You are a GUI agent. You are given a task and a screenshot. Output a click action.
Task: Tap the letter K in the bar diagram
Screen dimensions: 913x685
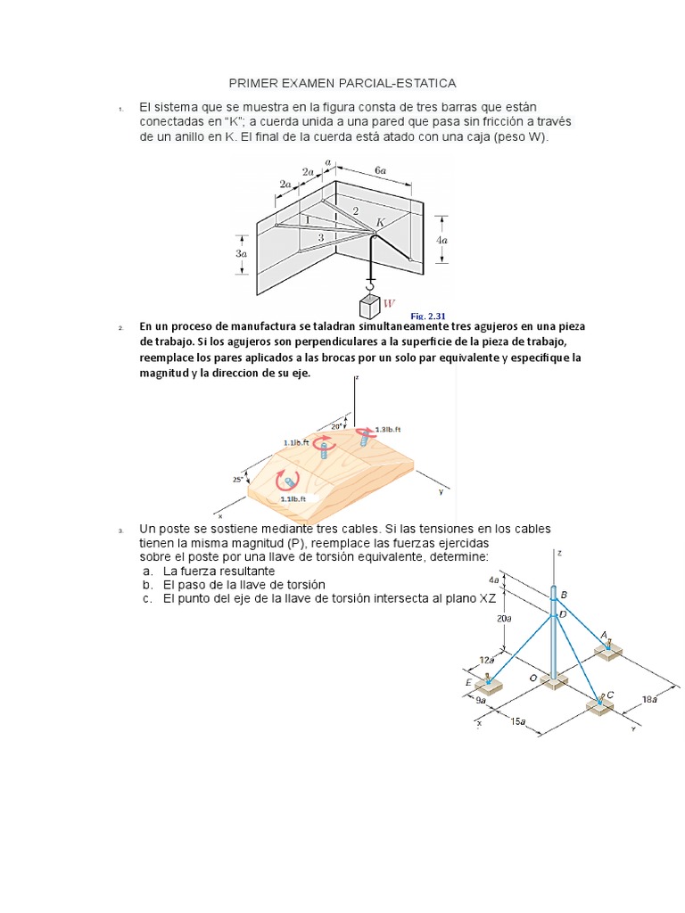click(x=381, y=222)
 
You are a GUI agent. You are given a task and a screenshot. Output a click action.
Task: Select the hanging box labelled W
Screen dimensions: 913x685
click(x=370, y=307)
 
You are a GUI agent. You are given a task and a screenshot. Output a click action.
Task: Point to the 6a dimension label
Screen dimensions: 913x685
click(x=381, y=169)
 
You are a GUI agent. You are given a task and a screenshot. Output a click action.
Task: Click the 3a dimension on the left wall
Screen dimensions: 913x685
click(x=241, y=253)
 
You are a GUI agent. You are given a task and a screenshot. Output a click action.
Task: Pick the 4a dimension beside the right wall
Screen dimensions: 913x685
click(x=443, y=239)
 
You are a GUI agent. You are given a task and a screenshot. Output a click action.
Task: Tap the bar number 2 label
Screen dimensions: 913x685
click(x=354, y=210)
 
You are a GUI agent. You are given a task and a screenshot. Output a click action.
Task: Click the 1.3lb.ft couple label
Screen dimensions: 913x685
click(x=388, y=429)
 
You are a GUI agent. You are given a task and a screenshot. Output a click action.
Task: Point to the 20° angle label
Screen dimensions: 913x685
click(x=336, y=426)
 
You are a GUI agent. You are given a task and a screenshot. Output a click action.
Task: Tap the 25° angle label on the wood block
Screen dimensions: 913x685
click(x=238, y=480)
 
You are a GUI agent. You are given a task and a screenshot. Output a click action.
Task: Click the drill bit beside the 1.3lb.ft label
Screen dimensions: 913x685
click(x=364, y=437)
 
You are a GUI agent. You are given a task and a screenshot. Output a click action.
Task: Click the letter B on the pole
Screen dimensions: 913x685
click(x=564, y=595)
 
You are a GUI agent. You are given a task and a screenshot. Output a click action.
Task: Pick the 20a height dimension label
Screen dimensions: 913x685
click(x=504, y=618)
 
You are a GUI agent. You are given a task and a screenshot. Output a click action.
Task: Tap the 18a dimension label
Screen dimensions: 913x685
click(x=650, y=700)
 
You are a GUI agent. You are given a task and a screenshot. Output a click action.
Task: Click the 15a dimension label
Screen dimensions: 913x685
click(x=518, y=721)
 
